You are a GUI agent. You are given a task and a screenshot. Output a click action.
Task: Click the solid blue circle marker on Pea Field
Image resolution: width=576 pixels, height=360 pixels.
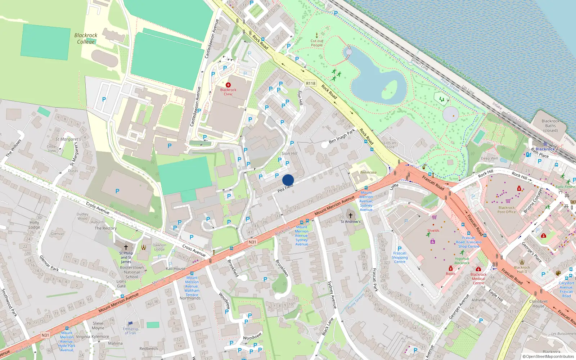click(288, 180)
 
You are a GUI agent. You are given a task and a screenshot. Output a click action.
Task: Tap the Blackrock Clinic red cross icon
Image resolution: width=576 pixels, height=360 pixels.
click(228, 85)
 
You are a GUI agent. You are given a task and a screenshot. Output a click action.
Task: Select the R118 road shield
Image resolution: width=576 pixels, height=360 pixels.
click(310, 83)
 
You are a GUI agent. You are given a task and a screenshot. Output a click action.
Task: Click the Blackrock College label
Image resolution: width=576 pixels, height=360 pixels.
click(86, 39)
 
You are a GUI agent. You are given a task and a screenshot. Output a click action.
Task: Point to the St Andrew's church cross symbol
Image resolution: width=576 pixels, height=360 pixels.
click(350, 215)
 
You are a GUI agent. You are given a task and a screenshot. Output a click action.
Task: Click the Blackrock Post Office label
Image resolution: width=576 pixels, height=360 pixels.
click(507, 210)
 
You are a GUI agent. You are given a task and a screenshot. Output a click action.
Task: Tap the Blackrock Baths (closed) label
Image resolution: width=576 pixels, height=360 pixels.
click(550, 126)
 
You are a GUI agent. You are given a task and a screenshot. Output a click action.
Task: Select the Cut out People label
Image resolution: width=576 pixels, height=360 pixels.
click(317, 43)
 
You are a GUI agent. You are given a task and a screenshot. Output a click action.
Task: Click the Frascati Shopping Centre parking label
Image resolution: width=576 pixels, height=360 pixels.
click(400, 257)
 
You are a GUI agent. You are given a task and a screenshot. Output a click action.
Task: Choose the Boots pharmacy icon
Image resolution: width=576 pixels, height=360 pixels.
click(450, 268)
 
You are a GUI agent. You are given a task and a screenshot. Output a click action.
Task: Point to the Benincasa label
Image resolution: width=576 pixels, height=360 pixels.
click(368, 172)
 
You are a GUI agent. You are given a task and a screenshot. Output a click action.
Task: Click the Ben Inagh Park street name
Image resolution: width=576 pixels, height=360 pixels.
click(342, 136)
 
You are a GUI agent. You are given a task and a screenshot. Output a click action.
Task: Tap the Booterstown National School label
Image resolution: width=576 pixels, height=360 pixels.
click(132, 272)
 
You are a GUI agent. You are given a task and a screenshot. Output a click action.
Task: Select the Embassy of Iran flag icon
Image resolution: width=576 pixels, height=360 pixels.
click(130, 323)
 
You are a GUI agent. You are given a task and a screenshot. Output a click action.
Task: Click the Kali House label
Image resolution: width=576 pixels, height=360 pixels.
click(176, 269)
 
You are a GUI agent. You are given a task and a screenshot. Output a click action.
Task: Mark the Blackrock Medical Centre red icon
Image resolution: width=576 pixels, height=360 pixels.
click(478, 269)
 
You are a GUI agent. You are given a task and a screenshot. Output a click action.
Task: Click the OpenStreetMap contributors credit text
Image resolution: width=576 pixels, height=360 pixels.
click(548, 356)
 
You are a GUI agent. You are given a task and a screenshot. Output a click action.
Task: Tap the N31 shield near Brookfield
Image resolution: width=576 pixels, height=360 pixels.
click(252, 242)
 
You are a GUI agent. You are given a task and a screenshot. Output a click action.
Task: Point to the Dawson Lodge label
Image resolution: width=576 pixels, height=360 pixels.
click(159, 247)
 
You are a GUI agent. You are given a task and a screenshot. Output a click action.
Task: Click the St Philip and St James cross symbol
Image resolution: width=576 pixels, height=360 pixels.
click(126, 247)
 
